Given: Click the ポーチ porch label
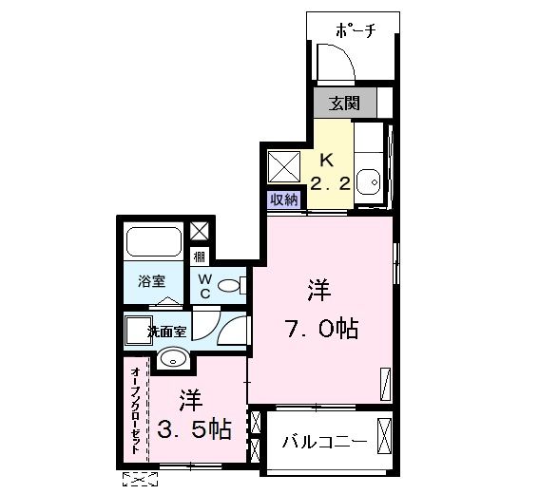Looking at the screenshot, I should point(356,31).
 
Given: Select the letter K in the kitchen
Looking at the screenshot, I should point(326,159).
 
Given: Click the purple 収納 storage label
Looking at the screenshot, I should point(284,199).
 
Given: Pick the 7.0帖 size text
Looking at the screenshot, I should point(321,330).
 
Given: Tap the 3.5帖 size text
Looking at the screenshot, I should point(193,429).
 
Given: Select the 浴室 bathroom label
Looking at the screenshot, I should point(152,281).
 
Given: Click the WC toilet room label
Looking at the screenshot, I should point(205,287).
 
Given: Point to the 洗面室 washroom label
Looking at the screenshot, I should point(166,332).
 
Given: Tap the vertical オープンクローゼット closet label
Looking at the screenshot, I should point(136,408).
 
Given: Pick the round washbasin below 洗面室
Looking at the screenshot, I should point(172,358).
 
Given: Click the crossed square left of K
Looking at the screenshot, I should point(281,167).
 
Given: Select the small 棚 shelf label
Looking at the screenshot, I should point(200,256).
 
